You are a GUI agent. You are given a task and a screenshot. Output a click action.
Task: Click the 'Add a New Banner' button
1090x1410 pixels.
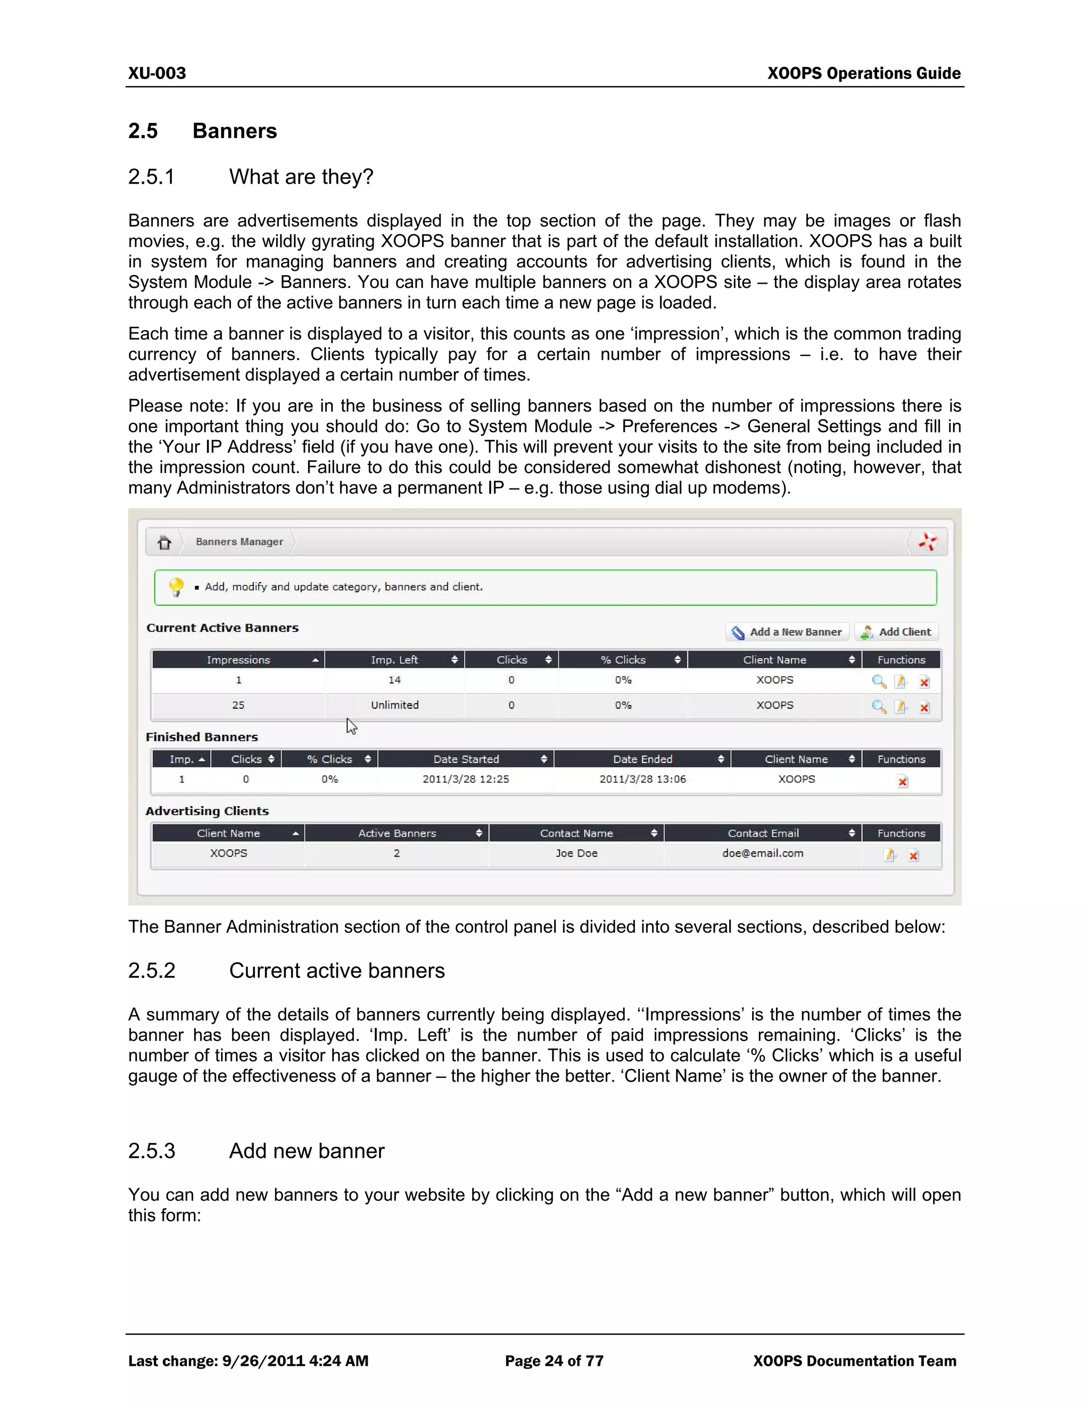(x=787, y=632)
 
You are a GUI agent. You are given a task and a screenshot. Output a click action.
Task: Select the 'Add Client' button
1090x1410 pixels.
(x=896, y=632)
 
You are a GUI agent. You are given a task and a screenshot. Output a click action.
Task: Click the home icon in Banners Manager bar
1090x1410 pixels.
(x=164, y=542)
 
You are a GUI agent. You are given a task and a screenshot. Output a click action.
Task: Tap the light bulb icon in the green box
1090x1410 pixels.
(x=176, y=587)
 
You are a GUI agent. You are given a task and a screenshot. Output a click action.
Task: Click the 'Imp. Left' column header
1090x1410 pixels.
(x=394, y=660)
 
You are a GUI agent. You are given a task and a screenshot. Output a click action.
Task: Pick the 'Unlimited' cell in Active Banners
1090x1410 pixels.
(x=394, y=705)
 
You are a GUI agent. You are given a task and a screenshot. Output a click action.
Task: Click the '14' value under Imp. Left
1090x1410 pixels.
(x=394, y=680)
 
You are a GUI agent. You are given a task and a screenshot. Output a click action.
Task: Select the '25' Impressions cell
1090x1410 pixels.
(x=238, y=705)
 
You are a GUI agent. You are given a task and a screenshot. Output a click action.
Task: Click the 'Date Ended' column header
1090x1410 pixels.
(x=642, y=759)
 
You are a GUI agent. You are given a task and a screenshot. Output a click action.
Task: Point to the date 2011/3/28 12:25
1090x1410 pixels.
(x=466, y=779)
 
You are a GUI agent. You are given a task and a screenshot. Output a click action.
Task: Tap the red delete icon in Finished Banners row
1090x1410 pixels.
(x=903, y=782)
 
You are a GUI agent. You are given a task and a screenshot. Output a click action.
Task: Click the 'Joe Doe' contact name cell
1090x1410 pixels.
(x=576, y=853)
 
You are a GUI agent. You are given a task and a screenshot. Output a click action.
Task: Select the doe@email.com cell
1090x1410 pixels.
(x=763, y=853)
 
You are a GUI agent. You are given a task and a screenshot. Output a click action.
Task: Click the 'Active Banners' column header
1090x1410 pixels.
(x=397, y=833)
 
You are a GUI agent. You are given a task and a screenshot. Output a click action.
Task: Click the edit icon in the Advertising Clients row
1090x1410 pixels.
(x=890, y=856)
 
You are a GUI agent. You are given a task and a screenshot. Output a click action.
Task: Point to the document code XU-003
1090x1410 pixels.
(x=157, y=73)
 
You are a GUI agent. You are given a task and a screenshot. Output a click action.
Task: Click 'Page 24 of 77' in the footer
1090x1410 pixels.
(x=554, y=1362)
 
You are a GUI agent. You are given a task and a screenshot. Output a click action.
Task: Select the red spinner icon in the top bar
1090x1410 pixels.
(x=928, y=542)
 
